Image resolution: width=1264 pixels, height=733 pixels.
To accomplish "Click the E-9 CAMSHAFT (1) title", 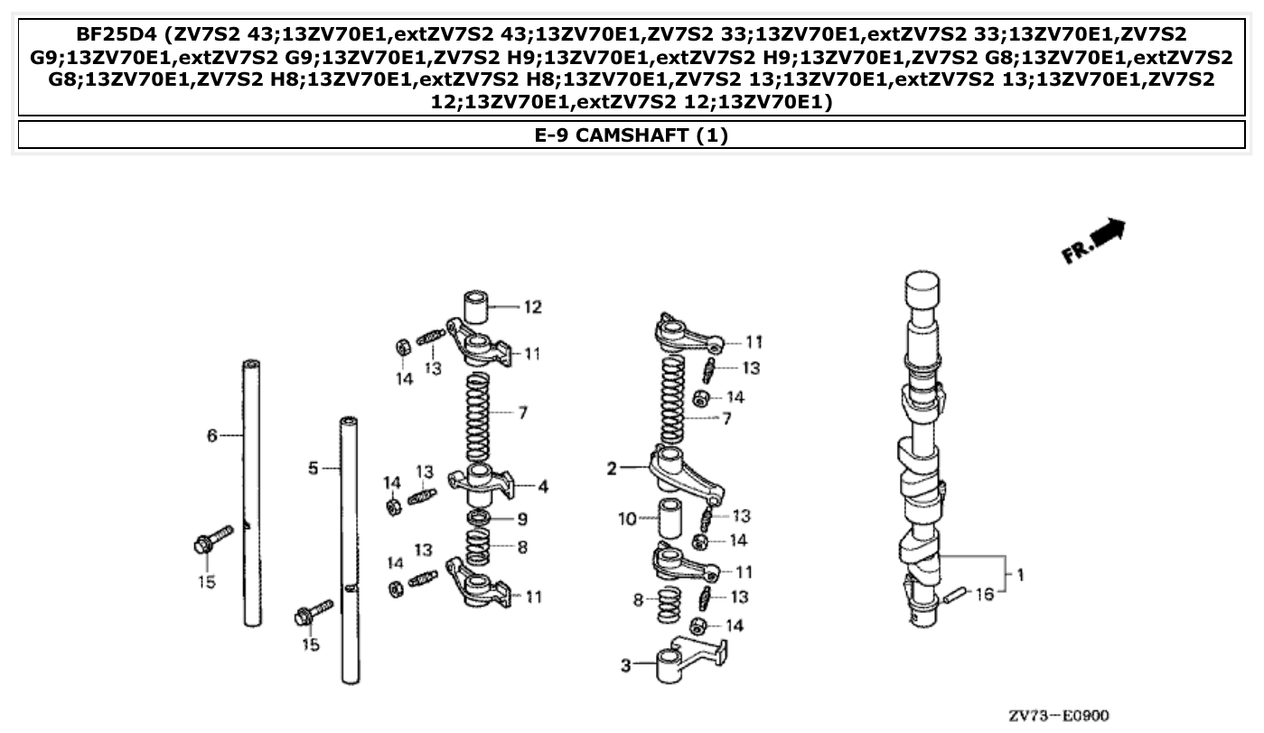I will (632, 135).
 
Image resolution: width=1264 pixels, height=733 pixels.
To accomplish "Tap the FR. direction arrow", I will (1095, 241).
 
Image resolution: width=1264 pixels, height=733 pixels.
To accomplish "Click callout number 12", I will (533, 308).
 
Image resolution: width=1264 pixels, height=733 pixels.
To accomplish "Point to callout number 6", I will (212, 436).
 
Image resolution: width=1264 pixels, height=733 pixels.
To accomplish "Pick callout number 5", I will (313, 469).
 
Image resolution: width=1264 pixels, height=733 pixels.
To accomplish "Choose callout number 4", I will (542, 487).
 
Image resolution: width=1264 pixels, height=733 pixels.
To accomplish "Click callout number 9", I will (522, 519).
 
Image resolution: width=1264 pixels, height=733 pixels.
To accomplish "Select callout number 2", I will (612, 469).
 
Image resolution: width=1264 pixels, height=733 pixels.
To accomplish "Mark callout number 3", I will (625, 665).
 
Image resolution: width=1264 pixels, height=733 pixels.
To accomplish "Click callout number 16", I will (984, 595).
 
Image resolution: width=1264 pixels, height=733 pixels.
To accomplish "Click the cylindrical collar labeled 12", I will (481, 307).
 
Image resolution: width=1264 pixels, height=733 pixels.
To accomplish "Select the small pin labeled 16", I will (954, 595).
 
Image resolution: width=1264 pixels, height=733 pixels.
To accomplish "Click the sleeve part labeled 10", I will (669, 517).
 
